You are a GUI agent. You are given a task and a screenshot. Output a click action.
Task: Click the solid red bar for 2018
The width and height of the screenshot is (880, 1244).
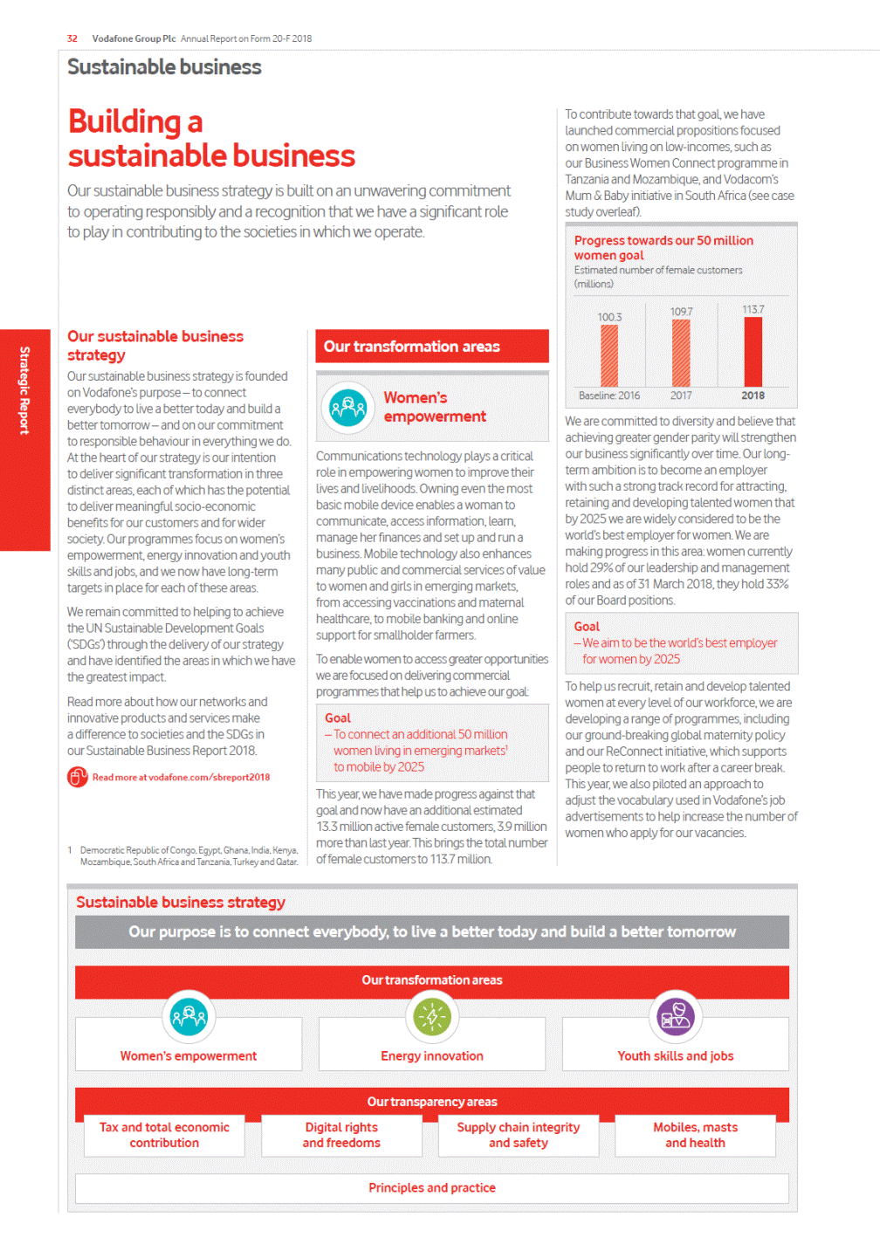click(x=753, y=351)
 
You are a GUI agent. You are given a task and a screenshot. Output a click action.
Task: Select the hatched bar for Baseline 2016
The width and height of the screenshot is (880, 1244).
click(x=609, y=355)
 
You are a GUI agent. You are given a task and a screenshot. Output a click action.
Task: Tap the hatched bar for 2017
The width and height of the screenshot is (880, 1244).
click(x=681, y=353)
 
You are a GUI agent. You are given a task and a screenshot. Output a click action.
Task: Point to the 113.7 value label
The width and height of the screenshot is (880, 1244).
click(x=753, y=310)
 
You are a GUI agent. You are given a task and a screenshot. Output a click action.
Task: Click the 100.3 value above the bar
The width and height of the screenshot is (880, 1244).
click(x=609, y=317)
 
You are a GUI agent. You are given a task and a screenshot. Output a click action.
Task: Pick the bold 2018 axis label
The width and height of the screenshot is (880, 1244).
click(x=753, y=395)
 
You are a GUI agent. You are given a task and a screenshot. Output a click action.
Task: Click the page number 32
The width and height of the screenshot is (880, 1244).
click(x=72, y=38)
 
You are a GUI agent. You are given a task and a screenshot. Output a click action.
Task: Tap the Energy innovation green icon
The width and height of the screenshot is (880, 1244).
click(x=432, y=1017)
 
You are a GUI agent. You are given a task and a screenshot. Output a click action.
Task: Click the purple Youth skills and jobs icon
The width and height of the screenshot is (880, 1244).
click(x=676, y=1017)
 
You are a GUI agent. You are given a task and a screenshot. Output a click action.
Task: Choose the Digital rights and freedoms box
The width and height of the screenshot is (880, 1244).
click(x=341, y=1135)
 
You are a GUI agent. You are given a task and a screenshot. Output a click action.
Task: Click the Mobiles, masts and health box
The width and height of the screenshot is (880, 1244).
click(x=695, y=1135)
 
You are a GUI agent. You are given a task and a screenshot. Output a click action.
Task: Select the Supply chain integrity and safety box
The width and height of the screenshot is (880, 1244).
click(x=518, y=1135)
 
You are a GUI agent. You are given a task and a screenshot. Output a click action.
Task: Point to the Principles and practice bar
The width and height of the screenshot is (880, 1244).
click(x=432, y=1188)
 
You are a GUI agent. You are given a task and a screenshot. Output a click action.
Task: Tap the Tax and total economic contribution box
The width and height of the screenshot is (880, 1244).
click(x=164, y=1135)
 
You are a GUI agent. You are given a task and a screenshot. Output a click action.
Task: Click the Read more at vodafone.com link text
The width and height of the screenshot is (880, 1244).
click(x=181, y=777)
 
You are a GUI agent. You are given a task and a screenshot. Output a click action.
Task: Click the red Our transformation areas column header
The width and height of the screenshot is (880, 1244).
click(x=431, y=347)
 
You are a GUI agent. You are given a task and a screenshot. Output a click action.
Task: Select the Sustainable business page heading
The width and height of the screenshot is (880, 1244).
click(x=164, y=67)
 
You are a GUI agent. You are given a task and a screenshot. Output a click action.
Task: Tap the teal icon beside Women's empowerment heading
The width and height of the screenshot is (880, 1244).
click(x=347, y=408)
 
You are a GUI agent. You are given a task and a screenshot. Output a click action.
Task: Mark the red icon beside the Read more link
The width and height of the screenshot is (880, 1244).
click(x=78, y=776)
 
